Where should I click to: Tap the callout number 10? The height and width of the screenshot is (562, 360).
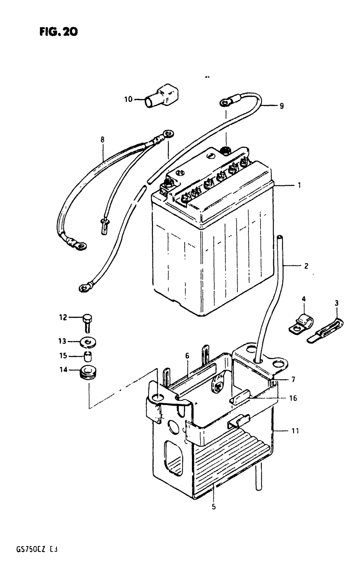click(x=129, y=99)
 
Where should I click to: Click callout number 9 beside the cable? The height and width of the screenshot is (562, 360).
click(x=281, y=106)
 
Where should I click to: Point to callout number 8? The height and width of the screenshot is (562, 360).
click(x=103, y=139)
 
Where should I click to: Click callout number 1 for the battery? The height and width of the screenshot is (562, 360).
click(x=299, y=185)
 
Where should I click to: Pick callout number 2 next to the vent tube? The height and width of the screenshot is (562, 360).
click(x=306, y=266)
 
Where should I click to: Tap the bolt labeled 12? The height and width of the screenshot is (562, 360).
click(x=87, y=322)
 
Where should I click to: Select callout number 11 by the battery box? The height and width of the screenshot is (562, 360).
click(x=295, y=431)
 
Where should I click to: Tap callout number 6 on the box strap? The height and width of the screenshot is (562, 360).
click(x=187, y=356)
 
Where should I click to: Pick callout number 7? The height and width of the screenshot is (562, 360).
click(x=293, y=379)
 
